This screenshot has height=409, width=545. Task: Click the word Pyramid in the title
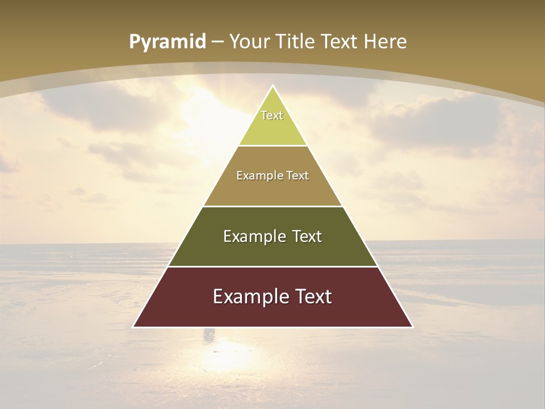(167, 42)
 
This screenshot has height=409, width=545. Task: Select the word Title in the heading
(296, 42)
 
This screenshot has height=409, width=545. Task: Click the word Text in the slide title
(340, 42)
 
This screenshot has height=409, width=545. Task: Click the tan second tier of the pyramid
(272, 190)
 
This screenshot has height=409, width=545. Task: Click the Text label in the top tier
(272, 115)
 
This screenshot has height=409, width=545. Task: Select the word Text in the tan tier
(297, 176)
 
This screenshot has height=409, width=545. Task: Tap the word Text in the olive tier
(307, 236)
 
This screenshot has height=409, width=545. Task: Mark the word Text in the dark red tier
(313, 297)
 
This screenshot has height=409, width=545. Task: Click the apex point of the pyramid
(273, 86)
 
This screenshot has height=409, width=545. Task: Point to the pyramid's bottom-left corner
(133, 327)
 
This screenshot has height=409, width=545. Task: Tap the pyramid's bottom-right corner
(413, 327)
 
